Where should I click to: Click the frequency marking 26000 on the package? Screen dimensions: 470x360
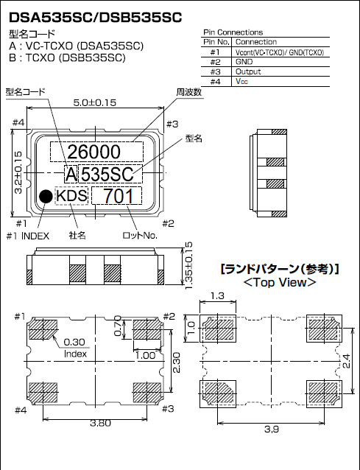pyautogui.click(x=94, y=152)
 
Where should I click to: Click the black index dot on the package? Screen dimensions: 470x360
pyautogui.click(x=46, y=196)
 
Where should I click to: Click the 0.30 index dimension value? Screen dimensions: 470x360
pyautogui.click(x=74, y=342)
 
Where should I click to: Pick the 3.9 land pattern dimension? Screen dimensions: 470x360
pyautogui.click(x=273, y=429)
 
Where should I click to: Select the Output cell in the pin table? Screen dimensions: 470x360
pyautogui.click(x=249, y=72)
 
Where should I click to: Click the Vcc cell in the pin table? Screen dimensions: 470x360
pyautogui.click(x=242, y=82)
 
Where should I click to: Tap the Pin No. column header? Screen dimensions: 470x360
pyautogui.click(x=216, y=43)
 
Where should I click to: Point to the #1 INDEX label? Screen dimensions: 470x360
pyautogui.click(x=28, y=236)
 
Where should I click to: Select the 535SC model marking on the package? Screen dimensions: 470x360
pyautogui.click(x=107, y=175)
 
